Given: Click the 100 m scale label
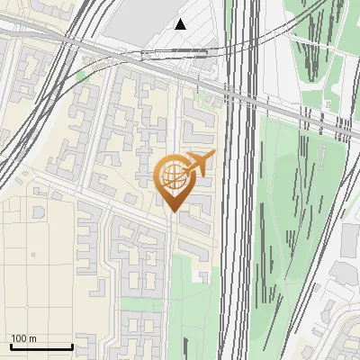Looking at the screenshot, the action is (23, 338).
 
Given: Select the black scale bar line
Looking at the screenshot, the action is (41, 346).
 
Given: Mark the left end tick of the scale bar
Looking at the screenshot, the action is (11, 345).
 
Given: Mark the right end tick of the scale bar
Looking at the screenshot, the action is (72, 345).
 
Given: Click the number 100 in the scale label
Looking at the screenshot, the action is (20, 338).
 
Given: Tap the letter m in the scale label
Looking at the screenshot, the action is (32, 338).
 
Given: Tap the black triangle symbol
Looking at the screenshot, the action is (181, 24).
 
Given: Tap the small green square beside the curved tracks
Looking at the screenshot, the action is (82, 76).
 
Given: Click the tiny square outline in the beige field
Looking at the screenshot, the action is (33, 255).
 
